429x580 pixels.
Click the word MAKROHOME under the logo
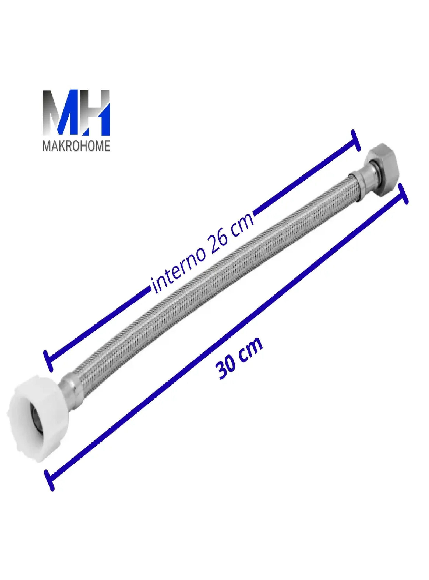click(76, 146)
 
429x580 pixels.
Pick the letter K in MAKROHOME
click(59, 146)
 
